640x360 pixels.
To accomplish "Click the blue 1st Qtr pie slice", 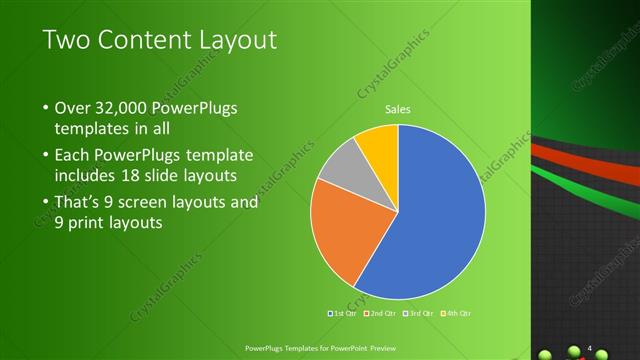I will pyautogui.click(x=440, y=220).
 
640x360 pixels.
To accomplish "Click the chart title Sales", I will pyautogui.click(x=398, y=110).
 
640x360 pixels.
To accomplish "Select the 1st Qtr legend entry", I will pyautogui.click(x=345, y=313).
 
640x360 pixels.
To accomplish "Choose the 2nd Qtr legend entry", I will pyautogui.click(x=381, y=313).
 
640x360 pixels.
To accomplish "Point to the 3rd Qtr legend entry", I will pyautogui.click(x=418, y=313).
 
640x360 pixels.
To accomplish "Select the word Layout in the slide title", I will pyautogui.click(x=235, y=41).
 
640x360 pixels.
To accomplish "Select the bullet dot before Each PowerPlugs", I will pyautogui.click(x=46, y=156).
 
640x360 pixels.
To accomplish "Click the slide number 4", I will pyautogui.click(x=590, y=348).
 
